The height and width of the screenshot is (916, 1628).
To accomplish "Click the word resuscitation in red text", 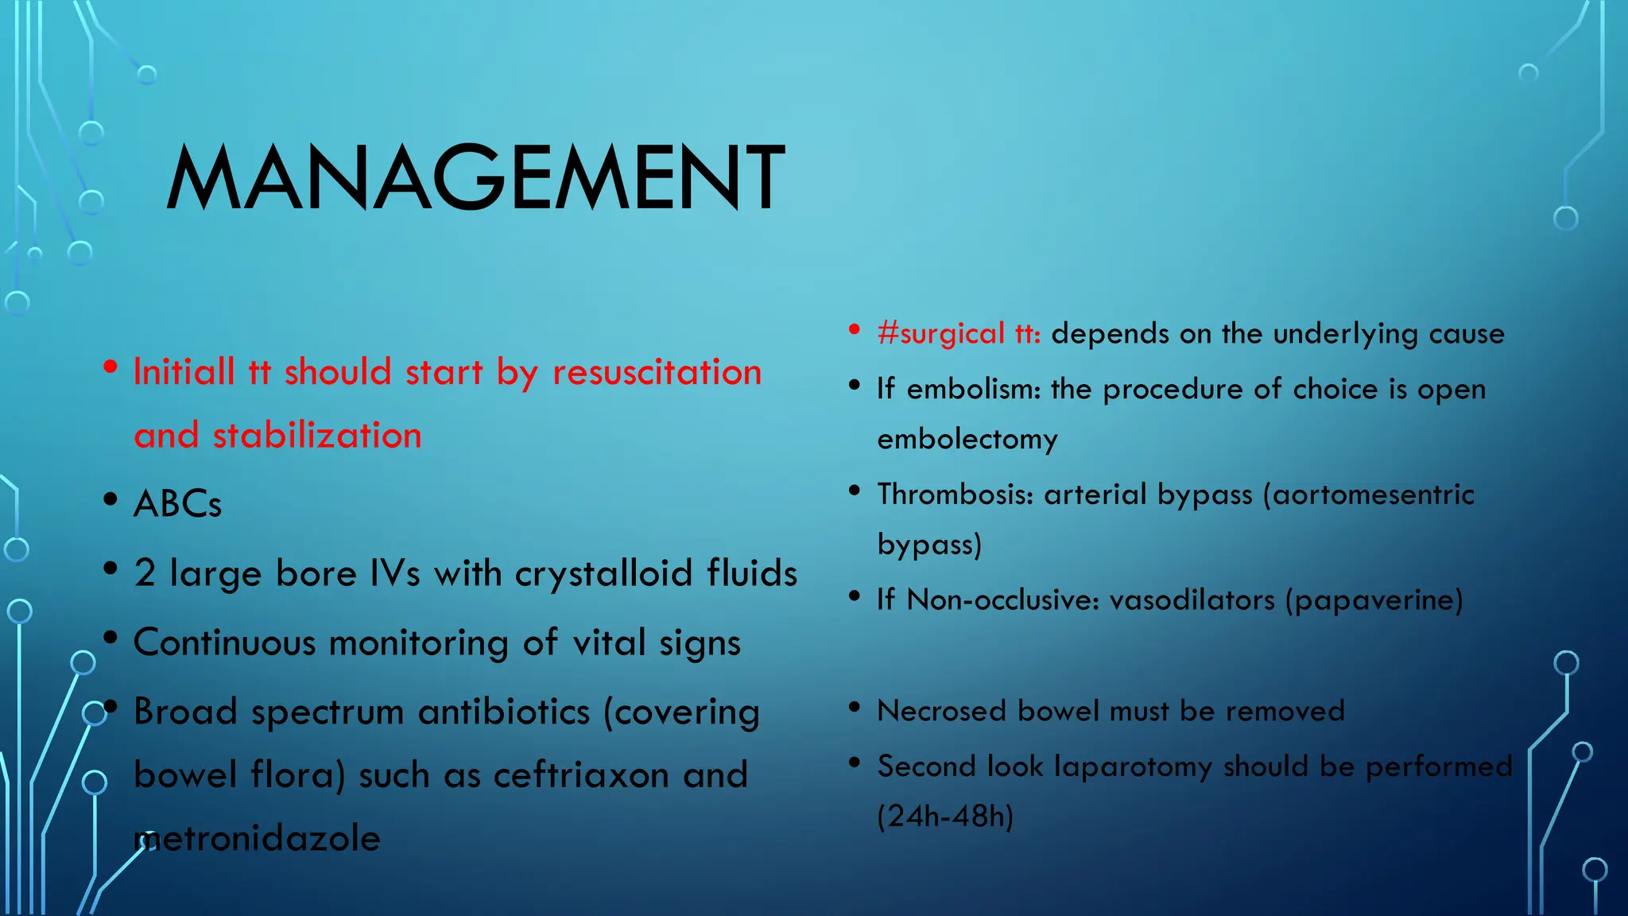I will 657,372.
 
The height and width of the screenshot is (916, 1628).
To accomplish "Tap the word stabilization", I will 316,436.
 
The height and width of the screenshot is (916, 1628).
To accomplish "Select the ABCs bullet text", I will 177,504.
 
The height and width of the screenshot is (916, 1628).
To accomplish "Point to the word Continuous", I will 224,642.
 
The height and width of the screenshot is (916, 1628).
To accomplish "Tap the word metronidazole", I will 258,839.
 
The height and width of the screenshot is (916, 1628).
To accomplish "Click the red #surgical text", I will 941,333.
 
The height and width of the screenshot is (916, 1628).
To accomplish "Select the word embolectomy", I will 967,439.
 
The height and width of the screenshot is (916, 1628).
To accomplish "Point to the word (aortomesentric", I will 1368,495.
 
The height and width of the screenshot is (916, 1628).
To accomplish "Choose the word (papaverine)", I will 1374,600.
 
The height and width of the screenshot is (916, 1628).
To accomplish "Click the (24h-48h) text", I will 945,817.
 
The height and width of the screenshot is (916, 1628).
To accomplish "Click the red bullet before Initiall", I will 111,367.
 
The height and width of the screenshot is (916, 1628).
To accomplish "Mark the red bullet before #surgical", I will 855,329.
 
